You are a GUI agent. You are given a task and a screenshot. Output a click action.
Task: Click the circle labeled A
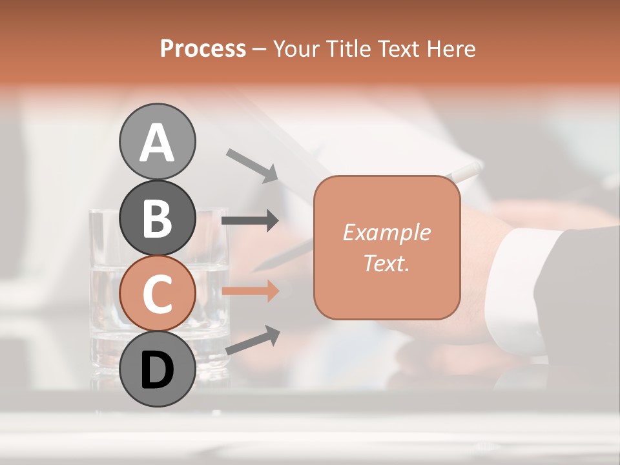point(157,141)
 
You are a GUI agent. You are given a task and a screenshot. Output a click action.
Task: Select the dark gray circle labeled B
point(157,218)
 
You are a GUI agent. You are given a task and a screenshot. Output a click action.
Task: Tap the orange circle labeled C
point(157,294)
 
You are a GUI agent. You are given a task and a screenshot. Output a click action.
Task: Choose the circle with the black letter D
point(157,369)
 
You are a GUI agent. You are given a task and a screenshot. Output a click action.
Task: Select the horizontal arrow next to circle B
point(250,221)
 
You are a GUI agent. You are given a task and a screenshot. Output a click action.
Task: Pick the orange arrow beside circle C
point(250,291)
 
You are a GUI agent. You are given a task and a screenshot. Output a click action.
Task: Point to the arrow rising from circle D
point(253,340)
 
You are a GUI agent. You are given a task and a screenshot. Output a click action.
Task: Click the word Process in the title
point(203,48)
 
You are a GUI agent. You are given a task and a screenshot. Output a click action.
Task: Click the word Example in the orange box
point(386,232)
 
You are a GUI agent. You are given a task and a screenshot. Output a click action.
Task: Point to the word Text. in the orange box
point(386,263)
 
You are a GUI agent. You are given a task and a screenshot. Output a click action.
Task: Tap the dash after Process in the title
point(260,49)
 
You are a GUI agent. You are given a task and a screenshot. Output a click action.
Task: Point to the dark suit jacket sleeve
point(581,291)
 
